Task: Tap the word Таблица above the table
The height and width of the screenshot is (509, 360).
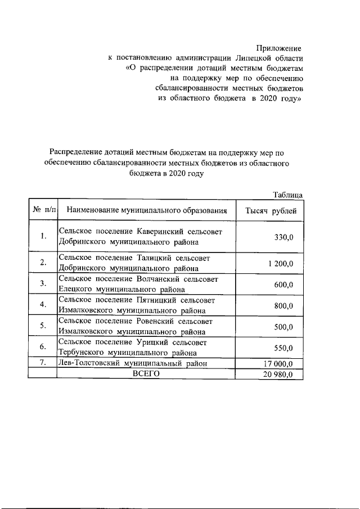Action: click(x=287, y=195)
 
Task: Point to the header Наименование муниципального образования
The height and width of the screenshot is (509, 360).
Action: click(x=147, y=211)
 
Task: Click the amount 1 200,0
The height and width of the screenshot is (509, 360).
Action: click(x=280, y=263)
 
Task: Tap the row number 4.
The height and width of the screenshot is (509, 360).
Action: click(x=43, y=304)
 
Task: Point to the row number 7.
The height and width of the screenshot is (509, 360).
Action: click(x=43, y=363)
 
